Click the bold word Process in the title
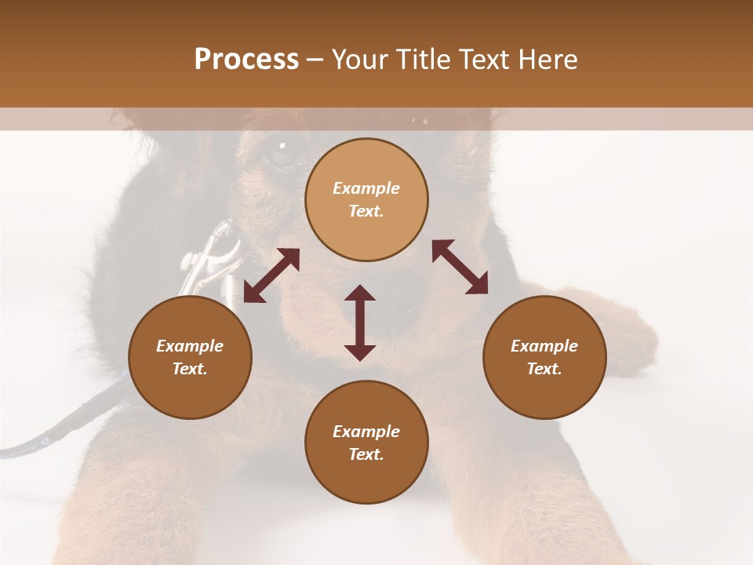[x=246, y=60]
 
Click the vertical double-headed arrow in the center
[x=360, y=323]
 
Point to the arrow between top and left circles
[x=271, y=275]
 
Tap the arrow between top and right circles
[x=460, y=267]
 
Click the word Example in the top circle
[x=366, y=188]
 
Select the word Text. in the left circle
[x=190, y=369]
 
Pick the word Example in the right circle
[x=544, y=346]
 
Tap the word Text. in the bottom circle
[x=366, y=454]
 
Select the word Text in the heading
[x=486, y=60]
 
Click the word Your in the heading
[x=359, y=60]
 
